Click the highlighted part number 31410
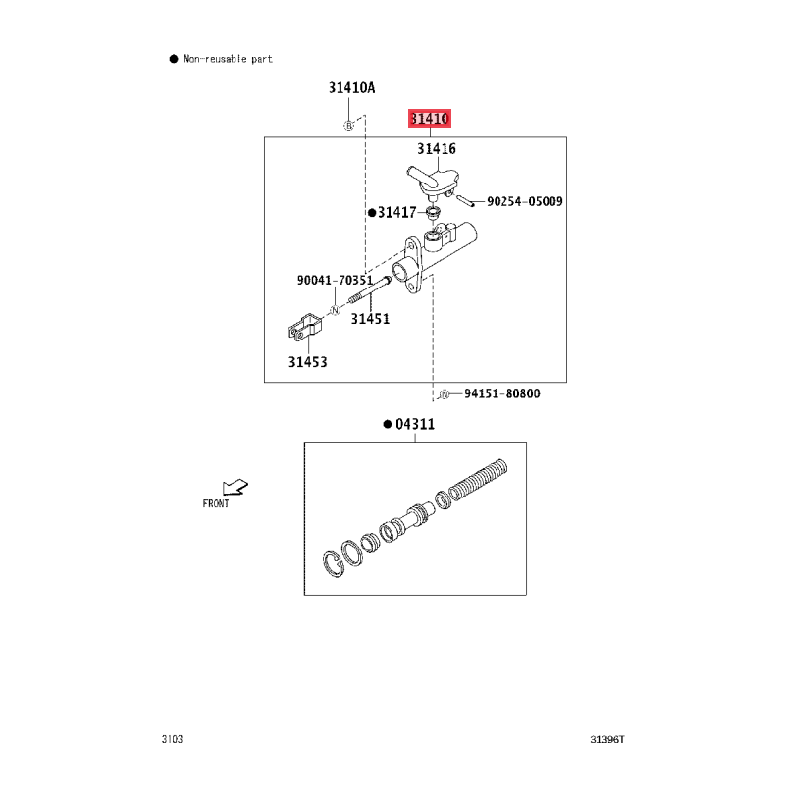(x=430, y=118)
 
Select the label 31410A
(x=351, y=88)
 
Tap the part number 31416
(x=437, y=149)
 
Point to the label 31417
(x=397, y=213)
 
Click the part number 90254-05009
(x=525, y=201)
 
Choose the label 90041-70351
(x=335, y=280)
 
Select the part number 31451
(x=370, y=319)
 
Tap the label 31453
(x=307, y=362)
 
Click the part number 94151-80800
(x=502, y=393)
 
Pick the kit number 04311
(x=415, y=424)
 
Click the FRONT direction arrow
(x=235, y=487)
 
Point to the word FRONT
(x=216, y=503)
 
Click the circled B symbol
(x=349, y=126)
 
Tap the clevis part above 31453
(x=304, y=327)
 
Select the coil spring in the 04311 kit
(x=478, y=479)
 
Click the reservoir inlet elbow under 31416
(x=434, y=182)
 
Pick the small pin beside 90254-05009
(x=465, y=201)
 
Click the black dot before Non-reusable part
(x=174, y=59)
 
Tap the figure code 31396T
(x=607, y=739)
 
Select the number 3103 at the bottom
(x=173, y=739)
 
